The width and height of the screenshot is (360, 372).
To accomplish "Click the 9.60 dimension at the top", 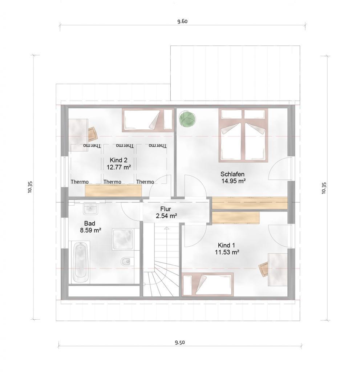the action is pos(182,21).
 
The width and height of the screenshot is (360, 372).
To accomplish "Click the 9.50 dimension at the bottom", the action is pos(180,342).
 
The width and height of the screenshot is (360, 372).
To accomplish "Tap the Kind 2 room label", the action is pos(118,160).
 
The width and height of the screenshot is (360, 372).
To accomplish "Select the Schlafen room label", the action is pos(232,174).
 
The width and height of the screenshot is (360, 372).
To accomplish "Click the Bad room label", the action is pos(90,223).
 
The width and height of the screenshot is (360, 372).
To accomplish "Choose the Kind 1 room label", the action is pos(226,245).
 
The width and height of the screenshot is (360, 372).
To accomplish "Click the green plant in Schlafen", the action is pos(187,119).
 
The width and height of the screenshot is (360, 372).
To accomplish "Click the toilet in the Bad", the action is pos(126,262).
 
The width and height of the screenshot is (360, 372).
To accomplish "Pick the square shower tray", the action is pos(123,239).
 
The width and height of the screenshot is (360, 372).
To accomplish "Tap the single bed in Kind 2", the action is pos(147,120).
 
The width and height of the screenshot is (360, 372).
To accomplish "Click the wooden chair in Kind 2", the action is pos(93,134).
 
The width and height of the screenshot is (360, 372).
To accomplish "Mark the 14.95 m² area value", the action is pos(233,181).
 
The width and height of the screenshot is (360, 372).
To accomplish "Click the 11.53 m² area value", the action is pos(227,252).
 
